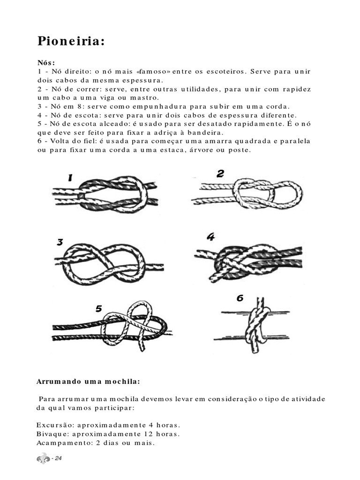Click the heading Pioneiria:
(70, 41)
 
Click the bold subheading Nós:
(46, 63)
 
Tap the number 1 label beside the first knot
(70, 178)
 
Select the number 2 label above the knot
(220, 174)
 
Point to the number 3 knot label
(60, 242)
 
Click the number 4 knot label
(210, 237)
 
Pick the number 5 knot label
(98, 308)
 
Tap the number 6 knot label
(240, 298)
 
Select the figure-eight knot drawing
(110, 263)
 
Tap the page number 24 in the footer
(58, 458)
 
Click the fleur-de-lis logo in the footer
(43, 458)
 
